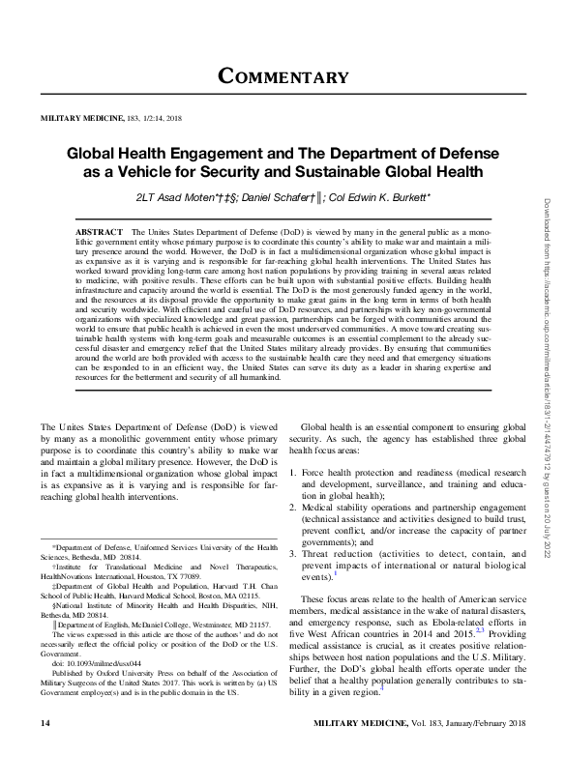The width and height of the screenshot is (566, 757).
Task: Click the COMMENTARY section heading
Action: [283, 75]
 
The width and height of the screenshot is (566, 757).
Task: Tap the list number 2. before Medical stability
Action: [295, 506]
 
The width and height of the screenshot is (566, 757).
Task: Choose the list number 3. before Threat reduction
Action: [295, 553]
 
